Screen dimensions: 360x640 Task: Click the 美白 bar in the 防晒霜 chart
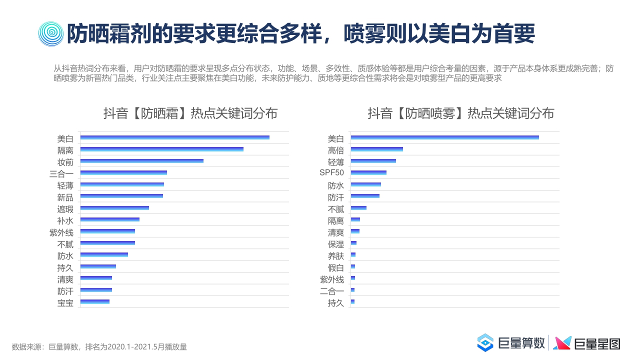[x=174, y=137]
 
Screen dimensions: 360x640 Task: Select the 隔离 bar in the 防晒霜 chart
[x=161, y=149]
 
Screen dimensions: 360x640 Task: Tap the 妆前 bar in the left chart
[x=141, y=161]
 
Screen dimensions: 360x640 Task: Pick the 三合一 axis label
[x=61, y=174]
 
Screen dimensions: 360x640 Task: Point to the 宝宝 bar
[x=94, y=301]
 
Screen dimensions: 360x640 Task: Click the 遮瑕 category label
[x=65, y=209]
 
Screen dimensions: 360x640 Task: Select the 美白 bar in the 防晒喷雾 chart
[x=444, y=137]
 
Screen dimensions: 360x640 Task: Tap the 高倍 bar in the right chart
[x=376, y=149]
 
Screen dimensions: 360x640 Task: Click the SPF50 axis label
[x=331, y=173]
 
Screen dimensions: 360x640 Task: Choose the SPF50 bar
[x=368, y=173]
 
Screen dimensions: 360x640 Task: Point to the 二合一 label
[x=331, y=291]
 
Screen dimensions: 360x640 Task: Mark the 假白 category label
[x=335, y=268]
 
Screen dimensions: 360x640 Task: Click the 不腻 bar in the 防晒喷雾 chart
[x=358, y=208]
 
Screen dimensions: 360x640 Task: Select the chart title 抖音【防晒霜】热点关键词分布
[x=190, y=113]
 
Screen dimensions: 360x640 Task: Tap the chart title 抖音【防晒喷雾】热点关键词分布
[x=460, y=113]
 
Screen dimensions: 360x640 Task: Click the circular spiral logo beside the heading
[x=50, y=33]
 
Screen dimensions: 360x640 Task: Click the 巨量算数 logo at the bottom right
[x=510, y=343]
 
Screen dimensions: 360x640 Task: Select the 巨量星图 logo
[x=587, y=343]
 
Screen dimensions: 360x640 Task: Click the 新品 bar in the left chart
[x=121, y=196]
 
